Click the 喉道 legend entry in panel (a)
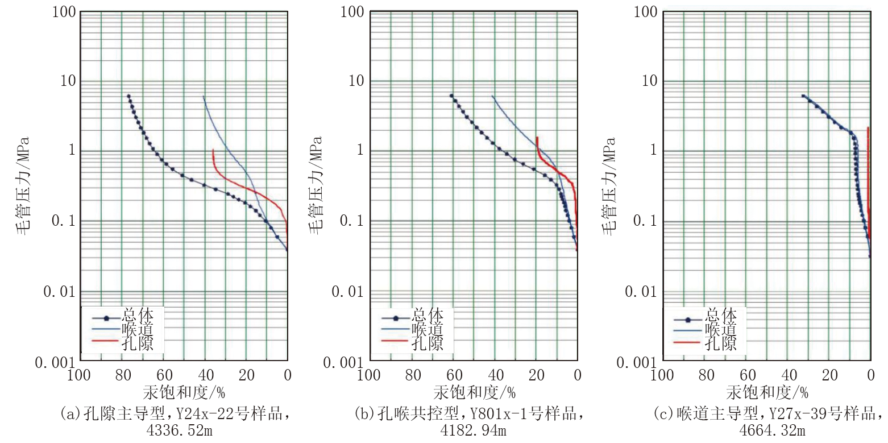point(136,329)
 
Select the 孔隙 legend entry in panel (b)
point(426,343)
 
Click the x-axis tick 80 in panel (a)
point(122,375)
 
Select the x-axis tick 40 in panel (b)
point(495,375)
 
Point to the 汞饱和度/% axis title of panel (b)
point(474,392)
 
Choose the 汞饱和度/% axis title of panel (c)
point(767,392)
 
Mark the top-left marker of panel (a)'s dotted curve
point(128,96)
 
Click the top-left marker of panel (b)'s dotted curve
point(451,96)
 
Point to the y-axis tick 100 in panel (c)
point(646,11)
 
